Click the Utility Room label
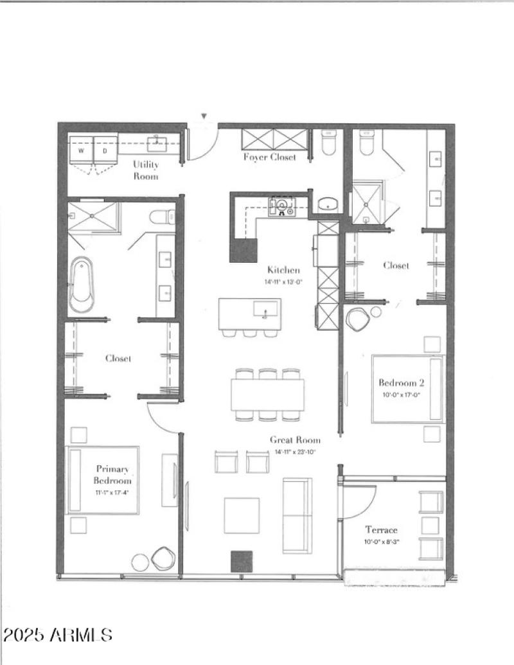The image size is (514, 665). (x=146, y=170)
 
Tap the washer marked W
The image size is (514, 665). (x=82, y=151)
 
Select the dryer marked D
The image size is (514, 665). (x=105, y=151)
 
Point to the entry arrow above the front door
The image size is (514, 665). (x=204, y=116)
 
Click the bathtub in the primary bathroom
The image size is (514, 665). (x=83, y=285)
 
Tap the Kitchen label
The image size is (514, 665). (x=283, y=270)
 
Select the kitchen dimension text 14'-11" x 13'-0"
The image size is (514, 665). (x=283, y=281)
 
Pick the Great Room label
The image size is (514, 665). (x=295, y=440)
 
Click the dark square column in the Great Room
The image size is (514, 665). (x=242, y=561)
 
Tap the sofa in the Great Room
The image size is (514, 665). (x=297, y=514)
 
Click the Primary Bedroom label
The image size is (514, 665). (x=113, y=475)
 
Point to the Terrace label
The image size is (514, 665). (x=382, y=530)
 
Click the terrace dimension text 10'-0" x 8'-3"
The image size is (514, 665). (x=382, y=542)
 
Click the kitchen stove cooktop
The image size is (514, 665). (x=282, y=206)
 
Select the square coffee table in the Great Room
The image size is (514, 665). (x=242, y=515)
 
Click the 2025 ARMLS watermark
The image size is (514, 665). (x=58, y=635)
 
